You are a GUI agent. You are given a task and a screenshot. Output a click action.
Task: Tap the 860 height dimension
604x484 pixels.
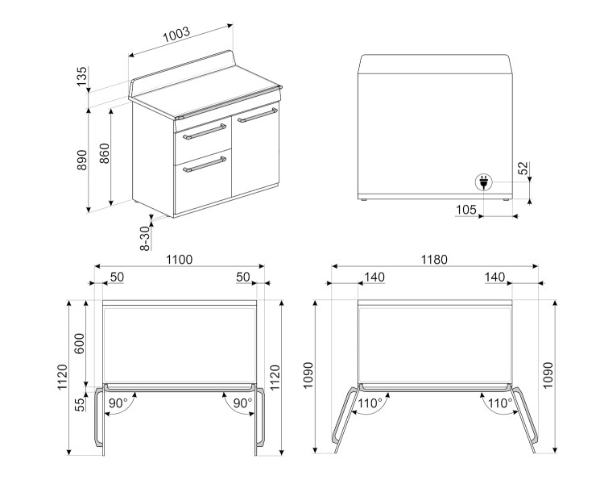[x=105, y=155]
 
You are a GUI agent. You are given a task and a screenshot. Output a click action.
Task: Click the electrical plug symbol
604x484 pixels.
[x=484, y=182]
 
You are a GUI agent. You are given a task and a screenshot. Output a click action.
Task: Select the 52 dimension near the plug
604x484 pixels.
[x=523, y=169]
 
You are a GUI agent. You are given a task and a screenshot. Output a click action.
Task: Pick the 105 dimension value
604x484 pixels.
[x=466, y=210]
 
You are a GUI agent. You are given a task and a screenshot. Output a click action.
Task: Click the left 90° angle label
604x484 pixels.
[x=118, y=402]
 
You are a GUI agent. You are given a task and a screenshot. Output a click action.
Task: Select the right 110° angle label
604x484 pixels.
[x=499, y=402]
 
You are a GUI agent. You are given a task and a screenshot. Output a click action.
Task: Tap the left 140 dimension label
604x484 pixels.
[x=374, y=277]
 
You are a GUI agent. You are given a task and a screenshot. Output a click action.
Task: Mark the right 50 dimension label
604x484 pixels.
[x=242, y=277]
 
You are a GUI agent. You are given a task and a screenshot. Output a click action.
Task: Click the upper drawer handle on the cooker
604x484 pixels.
[x=203, y=132]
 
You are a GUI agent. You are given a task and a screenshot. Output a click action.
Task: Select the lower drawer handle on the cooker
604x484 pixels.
[x=203, y=167]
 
